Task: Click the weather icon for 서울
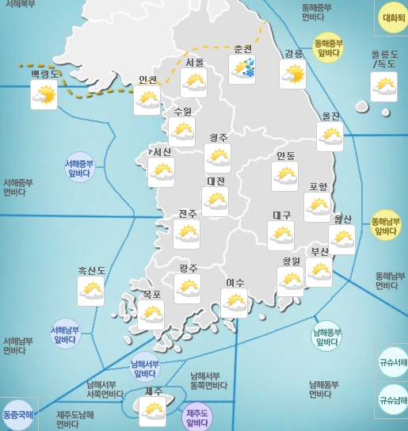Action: pyautogui.click(x=193, y=82)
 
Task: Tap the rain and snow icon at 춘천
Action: pyautogui.click(x=242, y=69)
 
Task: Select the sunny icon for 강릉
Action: pyautogui.click(x=292, y=74)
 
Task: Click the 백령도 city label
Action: pyautogui.click(x=44, y=74)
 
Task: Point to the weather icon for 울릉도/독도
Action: pyautogui.click(x=384, y=86)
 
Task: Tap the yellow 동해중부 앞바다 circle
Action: pyautogui.click(x=328, y=48)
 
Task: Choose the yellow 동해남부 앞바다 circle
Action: pyautogui.click(x=386, y=226)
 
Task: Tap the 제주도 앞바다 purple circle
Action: pyautogui.click(x=196, y=418)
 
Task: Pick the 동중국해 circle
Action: pyautogui.click(x=17, y=414)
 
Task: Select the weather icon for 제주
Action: pyautogui.click(x=152, y=411)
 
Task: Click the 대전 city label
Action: pyautogui.click(x=215, y=181)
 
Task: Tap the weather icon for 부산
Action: pyautogui.click(x=319, y=271)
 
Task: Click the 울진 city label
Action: pyautogui.click(x=330, y=116)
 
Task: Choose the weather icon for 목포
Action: pyautogui.click(x=151, y=315)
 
